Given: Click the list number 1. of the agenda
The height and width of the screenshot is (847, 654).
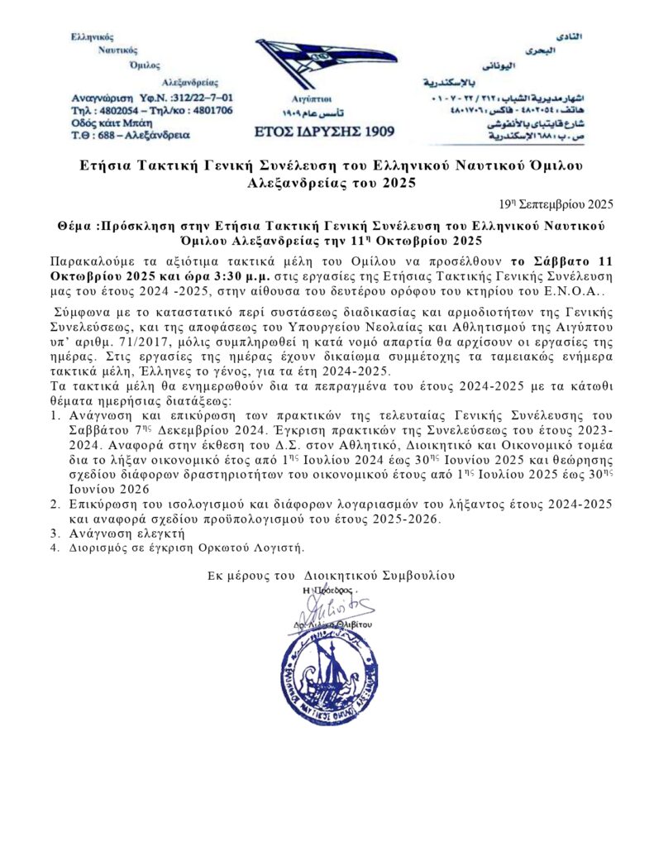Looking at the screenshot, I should [55, 415].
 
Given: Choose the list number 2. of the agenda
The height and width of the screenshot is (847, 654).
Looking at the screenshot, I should [55, 502].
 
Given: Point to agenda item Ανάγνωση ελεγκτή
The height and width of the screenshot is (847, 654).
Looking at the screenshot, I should [126, 533].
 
